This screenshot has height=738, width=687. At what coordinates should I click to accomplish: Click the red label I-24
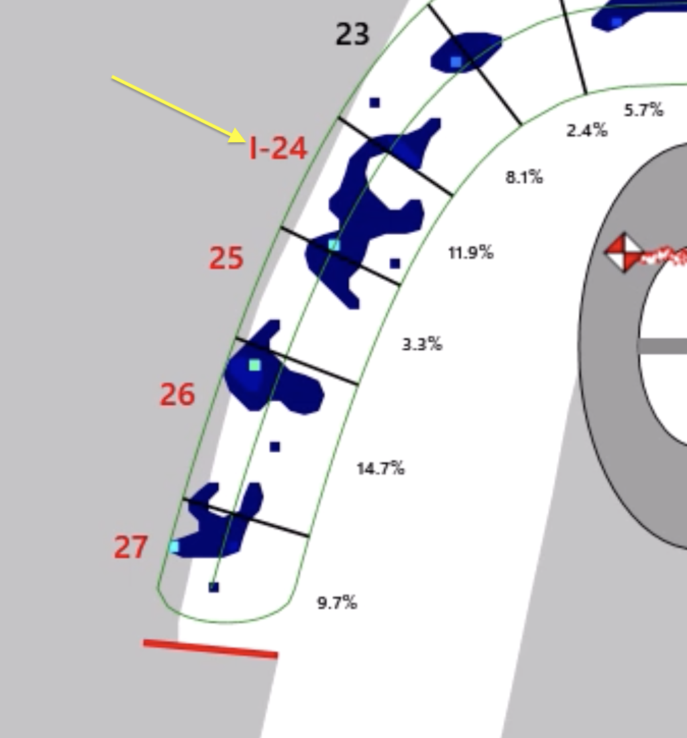[x=278, y=148]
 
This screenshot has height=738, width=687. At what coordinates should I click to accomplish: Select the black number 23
[x=352, y=34]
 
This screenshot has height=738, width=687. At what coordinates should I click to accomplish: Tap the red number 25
[x=226, y=258]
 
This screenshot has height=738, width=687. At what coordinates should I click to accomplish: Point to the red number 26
[x=177, y=394]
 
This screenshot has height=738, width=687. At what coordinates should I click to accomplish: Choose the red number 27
[x=131, y=547]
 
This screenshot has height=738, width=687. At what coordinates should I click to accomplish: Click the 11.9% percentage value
[x=470, y=253]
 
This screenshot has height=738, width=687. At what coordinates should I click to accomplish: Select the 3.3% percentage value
[x=422, y=344]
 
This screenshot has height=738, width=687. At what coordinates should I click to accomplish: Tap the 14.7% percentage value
[x=380, y=468]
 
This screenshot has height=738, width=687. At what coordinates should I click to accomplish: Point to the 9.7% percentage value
[x=337, y=602]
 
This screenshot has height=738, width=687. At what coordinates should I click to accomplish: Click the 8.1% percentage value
[x=524, y=177]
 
